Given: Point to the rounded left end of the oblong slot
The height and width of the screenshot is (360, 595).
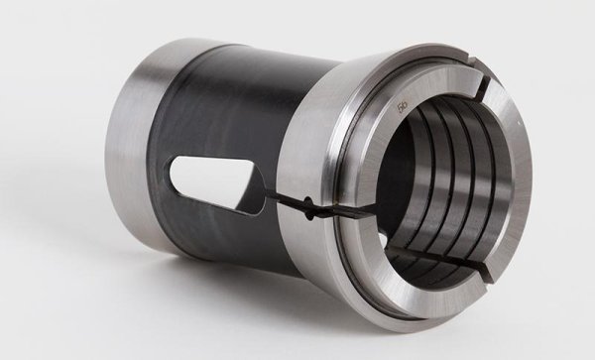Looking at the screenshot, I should [x=176, y=183].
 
